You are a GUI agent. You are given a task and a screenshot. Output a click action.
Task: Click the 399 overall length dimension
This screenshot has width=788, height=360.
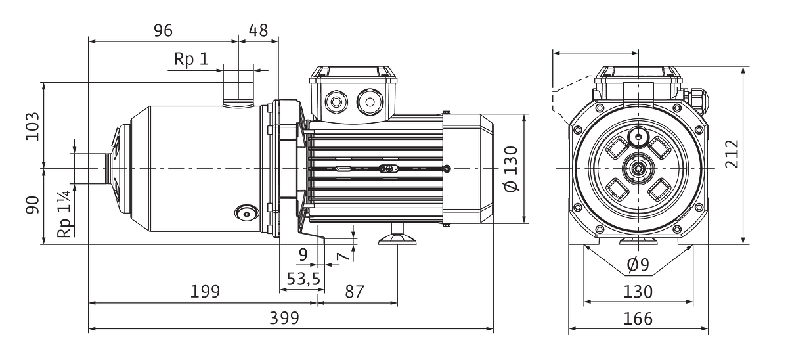(x=284, y=318)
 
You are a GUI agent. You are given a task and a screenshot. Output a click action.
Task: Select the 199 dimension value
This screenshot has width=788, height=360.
(x=205, y=292)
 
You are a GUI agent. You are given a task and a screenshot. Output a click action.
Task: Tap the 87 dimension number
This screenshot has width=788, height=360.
(x=354, y=292)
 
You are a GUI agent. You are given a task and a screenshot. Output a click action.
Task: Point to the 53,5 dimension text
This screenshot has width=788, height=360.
(x=303, y=279)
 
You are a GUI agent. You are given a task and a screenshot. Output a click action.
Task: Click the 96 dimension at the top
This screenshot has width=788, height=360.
(x=164, y=31)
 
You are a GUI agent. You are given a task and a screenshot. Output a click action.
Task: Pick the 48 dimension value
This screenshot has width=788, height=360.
(x=259, y=31)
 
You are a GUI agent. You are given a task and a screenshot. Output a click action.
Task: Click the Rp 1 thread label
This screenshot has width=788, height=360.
(x=191, y=59)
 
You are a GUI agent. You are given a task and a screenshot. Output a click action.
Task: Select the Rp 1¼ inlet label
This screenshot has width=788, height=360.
(x=64, y=214)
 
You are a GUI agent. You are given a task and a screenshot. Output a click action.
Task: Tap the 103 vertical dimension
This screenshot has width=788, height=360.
(x=32, y=126)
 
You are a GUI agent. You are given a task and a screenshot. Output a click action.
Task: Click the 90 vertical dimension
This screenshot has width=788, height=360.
(x=32, y=205)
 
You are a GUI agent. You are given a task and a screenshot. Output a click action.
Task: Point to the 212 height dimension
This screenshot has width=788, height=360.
(x=732, y=154)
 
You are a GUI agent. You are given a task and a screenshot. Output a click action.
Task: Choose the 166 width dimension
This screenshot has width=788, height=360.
(x=638, y=319)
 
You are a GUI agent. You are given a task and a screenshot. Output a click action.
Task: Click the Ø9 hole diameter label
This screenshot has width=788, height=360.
(x=638, y=265)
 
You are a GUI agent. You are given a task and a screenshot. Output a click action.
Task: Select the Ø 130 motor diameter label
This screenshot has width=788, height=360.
(x=511, y=169)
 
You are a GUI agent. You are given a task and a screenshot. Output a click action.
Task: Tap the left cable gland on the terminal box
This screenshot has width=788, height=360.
(x=336, y=102)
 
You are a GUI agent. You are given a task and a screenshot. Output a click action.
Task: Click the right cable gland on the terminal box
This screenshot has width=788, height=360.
(x=370, y=102)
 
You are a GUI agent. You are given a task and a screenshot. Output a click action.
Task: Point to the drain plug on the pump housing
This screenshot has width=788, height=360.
(x=247, y=214)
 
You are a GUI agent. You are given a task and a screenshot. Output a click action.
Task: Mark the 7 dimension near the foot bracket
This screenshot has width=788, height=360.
(x=343, y=256)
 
